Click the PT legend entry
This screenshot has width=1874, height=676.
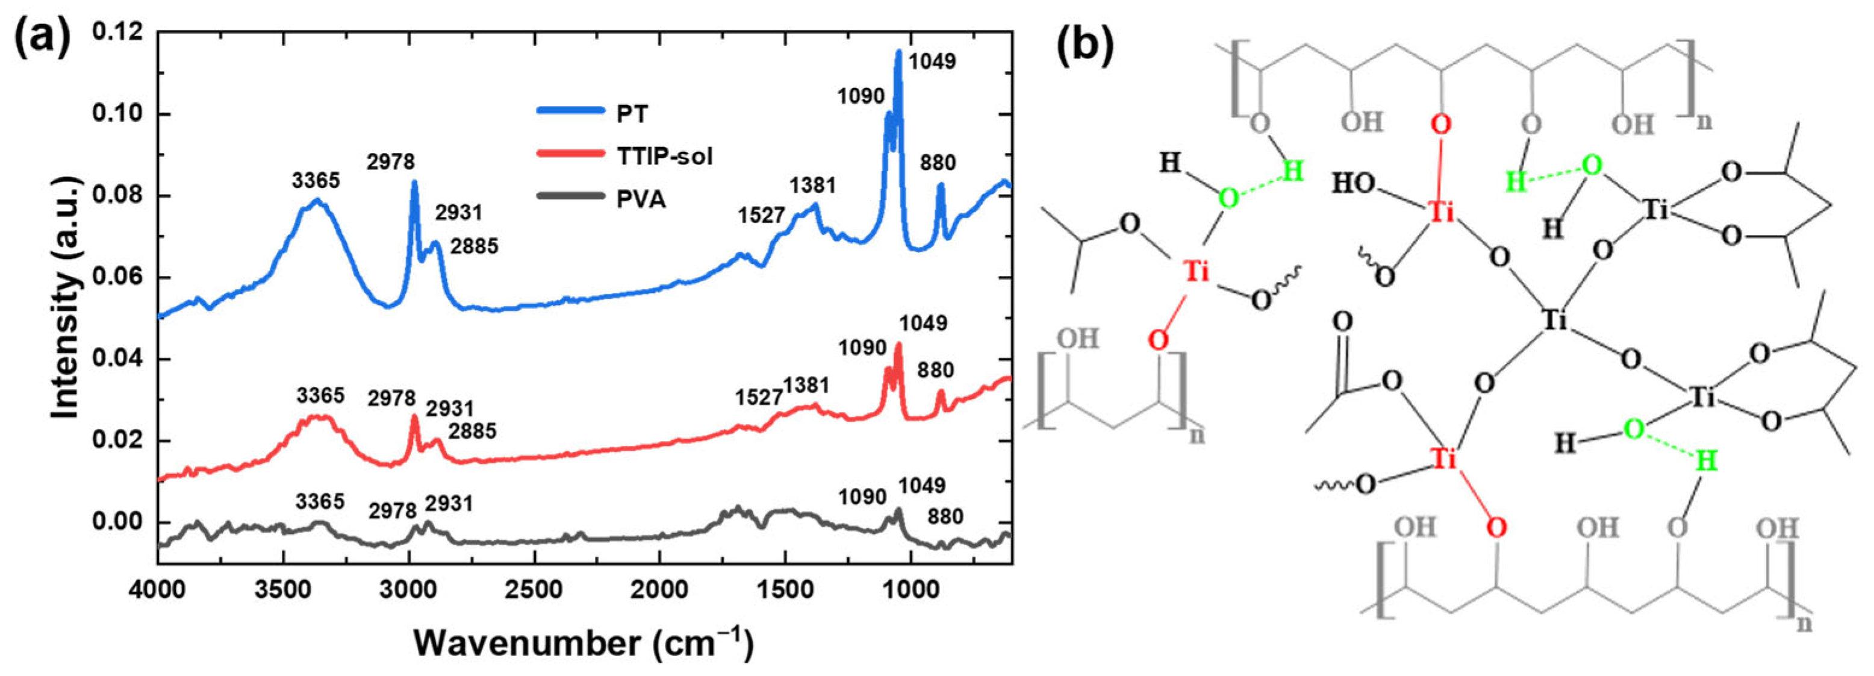632,113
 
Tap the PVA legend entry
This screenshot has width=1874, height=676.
641,198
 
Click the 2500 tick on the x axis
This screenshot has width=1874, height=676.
535,589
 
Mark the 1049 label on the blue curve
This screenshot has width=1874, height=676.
932,61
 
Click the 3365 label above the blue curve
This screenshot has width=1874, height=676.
316,180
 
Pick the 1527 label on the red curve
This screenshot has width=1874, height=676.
759,397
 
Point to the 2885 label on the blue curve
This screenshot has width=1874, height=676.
473,246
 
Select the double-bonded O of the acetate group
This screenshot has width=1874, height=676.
1342,321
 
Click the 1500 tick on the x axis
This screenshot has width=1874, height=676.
785,589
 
